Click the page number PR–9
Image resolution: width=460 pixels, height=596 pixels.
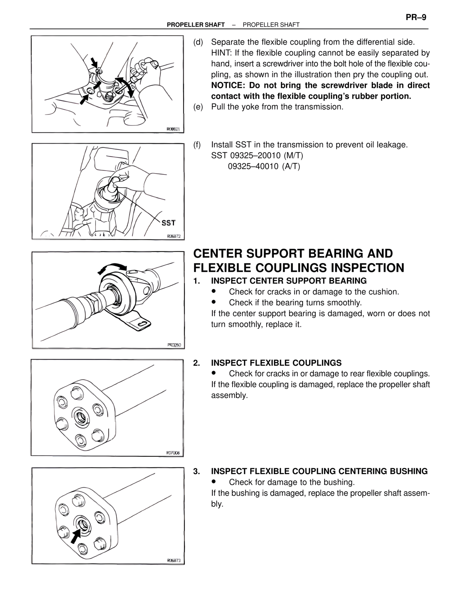tap(416, 17)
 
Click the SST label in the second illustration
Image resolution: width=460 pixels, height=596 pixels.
tap(169, 223)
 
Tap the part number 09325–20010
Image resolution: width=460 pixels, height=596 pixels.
tap(257, 155)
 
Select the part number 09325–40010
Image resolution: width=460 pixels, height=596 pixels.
tap(253, 166)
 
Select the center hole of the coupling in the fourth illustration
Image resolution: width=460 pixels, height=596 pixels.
tap(82, 418)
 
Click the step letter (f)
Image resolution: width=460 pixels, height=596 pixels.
tap(197, 145)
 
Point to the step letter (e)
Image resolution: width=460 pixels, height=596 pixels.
tap(198, 107)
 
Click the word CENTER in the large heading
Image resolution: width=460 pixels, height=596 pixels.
tap(218, 254)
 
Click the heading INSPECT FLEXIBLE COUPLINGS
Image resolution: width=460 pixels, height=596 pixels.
tap(276, 363)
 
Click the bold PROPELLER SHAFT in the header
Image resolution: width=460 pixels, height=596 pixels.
tap(196, 25)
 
